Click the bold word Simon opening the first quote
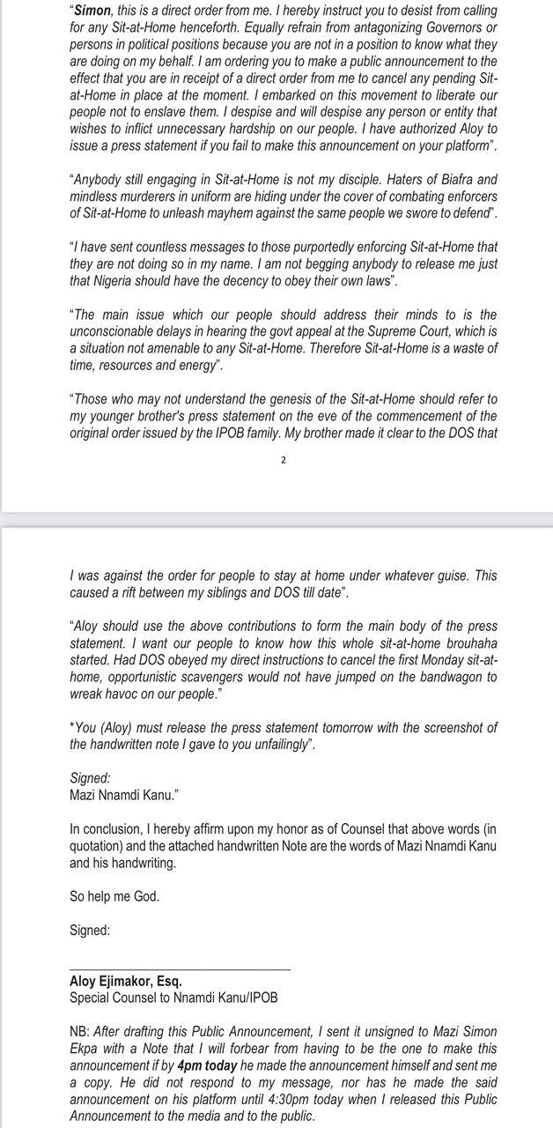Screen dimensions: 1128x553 point(93,11)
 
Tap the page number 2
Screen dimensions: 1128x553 point(284,460)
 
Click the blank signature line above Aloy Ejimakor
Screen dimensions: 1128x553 point(180,968)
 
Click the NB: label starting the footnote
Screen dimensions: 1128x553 point(80,1031)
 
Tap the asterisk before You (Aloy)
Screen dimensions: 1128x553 point(71,728)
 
